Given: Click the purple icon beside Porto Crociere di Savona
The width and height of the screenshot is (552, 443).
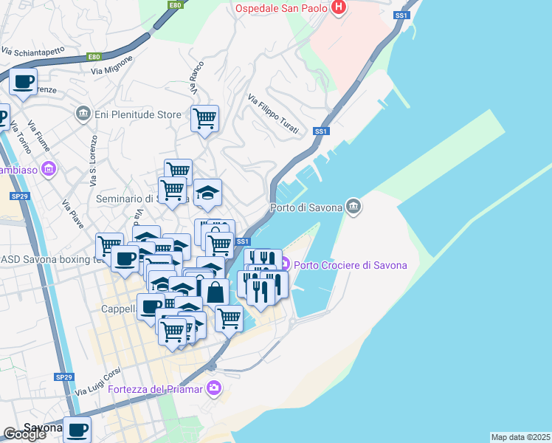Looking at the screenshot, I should (x=285, y=264).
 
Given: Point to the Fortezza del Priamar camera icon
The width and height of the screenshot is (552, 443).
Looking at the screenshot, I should (x=214, y=388).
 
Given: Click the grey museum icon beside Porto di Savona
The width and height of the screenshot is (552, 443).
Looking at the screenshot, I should (x=353, y=206).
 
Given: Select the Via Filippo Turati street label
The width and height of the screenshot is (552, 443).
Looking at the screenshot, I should (x=273, y=114).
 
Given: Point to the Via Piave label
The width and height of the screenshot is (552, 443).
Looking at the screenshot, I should (x=72, y=214).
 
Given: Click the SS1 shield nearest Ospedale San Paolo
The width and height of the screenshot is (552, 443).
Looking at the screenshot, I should (x=401, y=15).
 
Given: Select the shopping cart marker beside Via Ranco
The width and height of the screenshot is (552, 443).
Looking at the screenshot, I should (x=204, y=117).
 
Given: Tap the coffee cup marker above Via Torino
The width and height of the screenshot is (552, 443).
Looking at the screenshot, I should (x=24, y=82).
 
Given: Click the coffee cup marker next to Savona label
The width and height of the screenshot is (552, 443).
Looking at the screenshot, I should (x=77, y=428).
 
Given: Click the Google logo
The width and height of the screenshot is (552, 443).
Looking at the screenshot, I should (x=24, y=434).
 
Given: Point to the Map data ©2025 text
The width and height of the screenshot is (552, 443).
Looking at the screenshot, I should (x=521, y=436).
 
